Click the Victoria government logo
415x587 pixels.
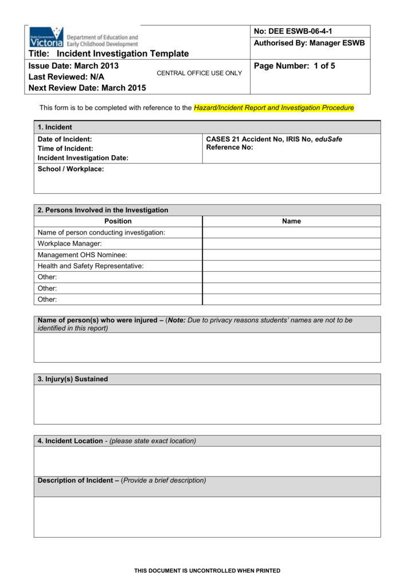84,37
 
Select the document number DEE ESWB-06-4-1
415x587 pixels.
292,31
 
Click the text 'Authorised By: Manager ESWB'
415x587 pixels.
309,44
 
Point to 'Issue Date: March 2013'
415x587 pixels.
73,66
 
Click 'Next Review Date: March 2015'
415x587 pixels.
87,88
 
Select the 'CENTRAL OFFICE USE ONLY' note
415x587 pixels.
199,73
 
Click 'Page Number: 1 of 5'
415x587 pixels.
294,66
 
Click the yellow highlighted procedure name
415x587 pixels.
274,108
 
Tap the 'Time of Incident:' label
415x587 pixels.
65,148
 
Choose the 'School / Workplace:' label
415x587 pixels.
71,169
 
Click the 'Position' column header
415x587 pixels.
118,221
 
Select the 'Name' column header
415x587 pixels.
291,221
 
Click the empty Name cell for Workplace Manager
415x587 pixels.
291,244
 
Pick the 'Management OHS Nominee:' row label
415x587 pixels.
82,255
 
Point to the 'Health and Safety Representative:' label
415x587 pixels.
91,266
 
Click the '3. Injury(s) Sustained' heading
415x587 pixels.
73,379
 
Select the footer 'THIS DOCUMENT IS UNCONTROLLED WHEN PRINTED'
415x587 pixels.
207,571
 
